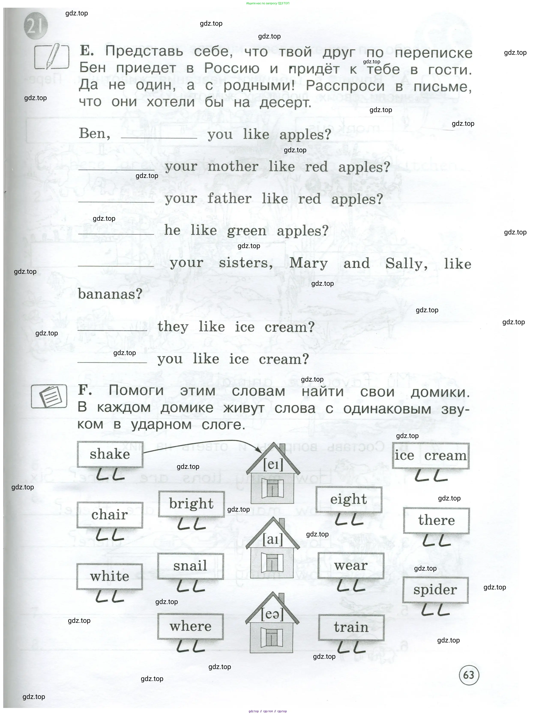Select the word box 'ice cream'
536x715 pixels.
pyautogui.click(x=431, y=456)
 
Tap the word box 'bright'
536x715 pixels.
pyautogui.click(x=191, y=504)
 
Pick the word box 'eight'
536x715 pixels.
pyautogui.click(x=349, y=499)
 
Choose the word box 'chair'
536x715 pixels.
pyautogui.click(x=110, y=515)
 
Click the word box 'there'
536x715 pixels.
pyautogui.click(x=436, y=520)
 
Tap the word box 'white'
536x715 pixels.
pyautogui.click(x=110, y=576)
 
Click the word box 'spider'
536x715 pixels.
pyautogui.click(x=435, y=590)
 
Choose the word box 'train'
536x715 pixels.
pyautogui.click(x=351, y=627)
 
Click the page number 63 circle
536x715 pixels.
pyautogui.click(x=469, y=675)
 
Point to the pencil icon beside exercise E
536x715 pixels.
pyautogui.click(x=52, y=56)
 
